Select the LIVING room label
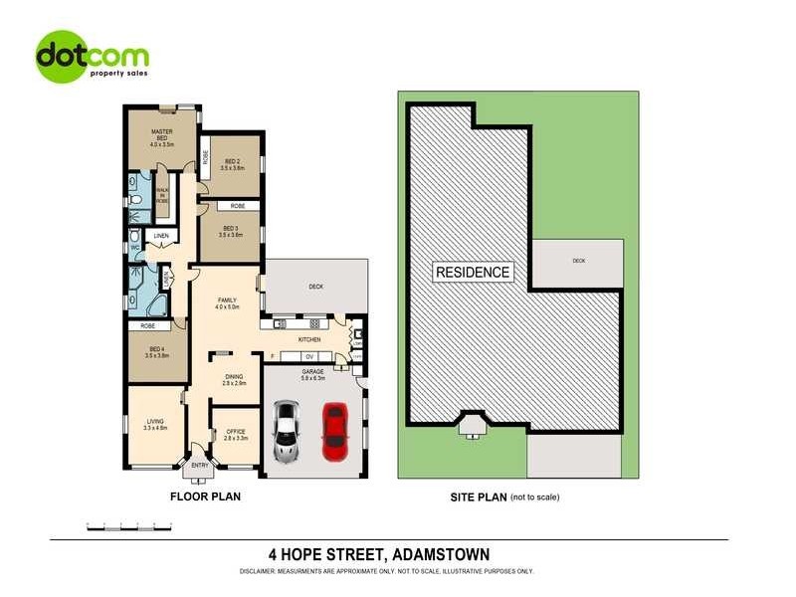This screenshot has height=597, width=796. (x=155, y=422)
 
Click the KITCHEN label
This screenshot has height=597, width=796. (x=309, y=340)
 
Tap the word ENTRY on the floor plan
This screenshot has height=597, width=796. (x=200, y=465)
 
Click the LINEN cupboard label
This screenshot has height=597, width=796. (x=161, y=236)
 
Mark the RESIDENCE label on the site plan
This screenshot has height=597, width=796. (x=472, y=272)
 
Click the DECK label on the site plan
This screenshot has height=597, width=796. (x=578, y=261)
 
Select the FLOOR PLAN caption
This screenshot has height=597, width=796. (x=206, y=495)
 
